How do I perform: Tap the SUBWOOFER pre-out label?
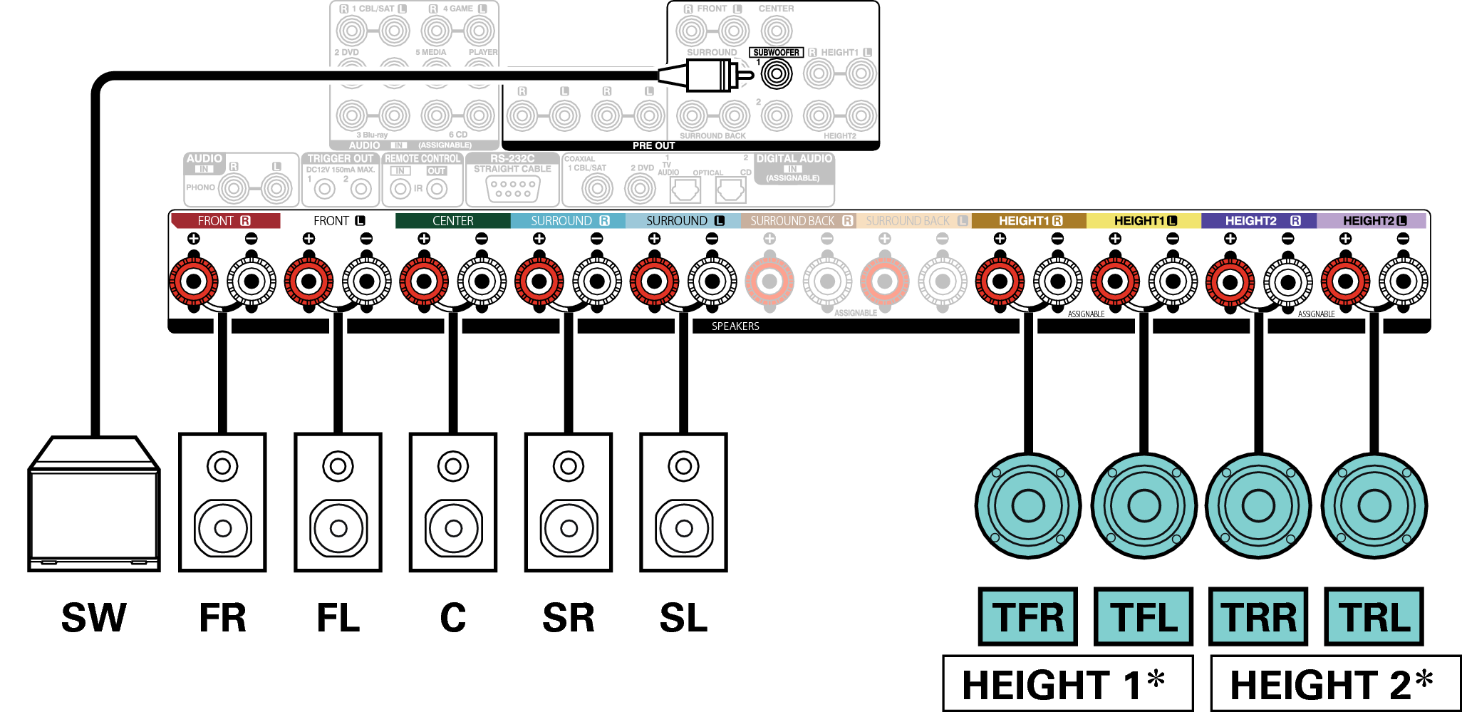point(776,53)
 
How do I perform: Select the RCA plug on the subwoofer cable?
point(708,74)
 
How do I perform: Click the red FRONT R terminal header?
point(225,221)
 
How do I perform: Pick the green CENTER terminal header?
point(452,221)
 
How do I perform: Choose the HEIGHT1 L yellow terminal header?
point(1144,221)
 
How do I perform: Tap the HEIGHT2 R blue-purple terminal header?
point(1258,221)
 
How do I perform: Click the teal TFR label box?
point(1027,616)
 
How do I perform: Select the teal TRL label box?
point(1374,616)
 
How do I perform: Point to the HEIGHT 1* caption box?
point(1067,683)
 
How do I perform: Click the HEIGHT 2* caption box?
point(1335,683)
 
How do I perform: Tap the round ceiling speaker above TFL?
point(1144,506)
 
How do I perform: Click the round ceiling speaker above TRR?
point(1258,506)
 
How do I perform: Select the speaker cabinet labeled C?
point(453,502)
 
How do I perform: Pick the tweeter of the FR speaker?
point(222,467)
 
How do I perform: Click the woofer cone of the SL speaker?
point(684,528)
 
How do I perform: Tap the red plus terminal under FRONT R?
point(193,282)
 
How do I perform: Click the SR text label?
point(568,618)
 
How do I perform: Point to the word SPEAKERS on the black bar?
point(735,326)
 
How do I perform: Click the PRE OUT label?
point(653,145)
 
